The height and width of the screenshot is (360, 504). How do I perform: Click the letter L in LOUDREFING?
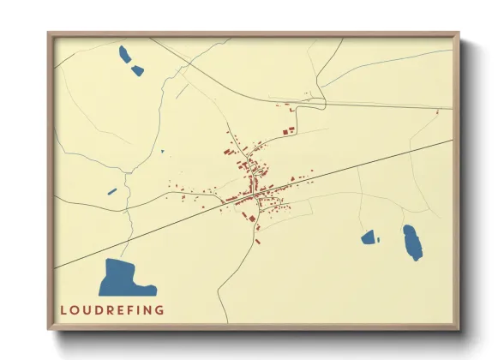pos(63,310)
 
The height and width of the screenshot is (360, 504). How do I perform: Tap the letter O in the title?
pos(75,310)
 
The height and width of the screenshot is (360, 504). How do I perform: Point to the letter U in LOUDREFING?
pos(88,310)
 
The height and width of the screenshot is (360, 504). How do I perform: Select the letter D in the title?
pos(101,310)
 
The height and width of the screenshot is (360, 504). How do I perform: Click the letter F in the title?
pos(136,310)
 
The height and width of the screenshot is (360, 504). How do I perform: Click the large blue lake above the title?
pos(120,278)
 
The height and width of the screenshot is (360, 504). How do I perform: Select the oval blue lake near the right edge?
pos(413,243)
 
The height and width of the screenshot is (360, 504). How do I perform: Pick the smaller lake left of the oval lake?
pos(369,237)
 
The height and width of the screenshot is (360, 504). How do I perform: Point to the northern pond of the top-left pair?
pos(125,55)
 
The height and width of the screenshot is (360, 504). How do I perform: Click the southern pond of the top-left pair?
pos(138,69)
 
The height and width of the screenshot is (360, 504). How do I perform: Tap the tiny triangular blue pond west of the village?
pos(162,153)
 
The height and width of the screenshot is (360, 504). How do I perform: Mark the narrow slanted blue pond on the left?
pos(111,191)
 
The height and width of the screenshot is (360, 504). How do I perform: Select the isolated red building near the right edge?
pos(438,111)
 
